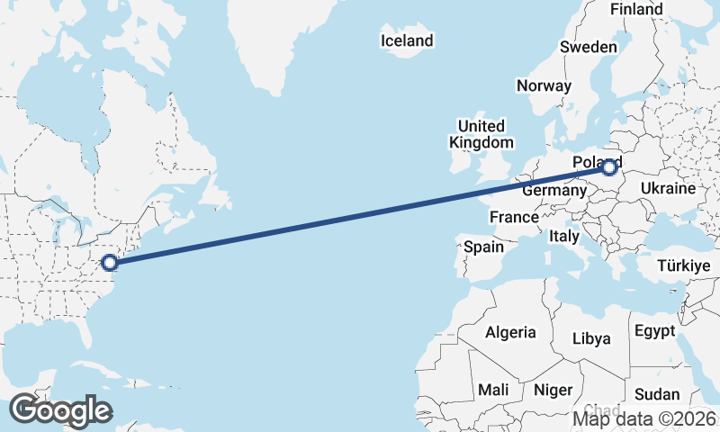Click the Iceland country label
[407, 40]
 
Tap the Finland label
[636, 9]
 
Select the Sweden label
[588, 47]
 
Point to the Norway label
[544, 85]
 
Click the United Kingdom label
[481, 134]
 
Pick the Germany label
[553, 191]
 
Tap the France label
[514, 217]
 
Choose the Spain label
[483, 246]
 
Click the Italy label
[563, 236]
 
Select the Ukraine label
[668, 188]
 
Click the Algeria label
[511, 332]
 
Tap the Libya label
[592, 338]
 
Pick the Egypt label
[654, 330]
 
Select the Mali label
[493, 390]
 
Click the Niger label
[553, 390]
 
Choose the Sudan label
[657, 394]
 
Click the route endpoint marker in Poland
[610, 166]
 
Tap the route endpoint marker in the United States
[110, 263]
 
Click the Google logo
[60, 409]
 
